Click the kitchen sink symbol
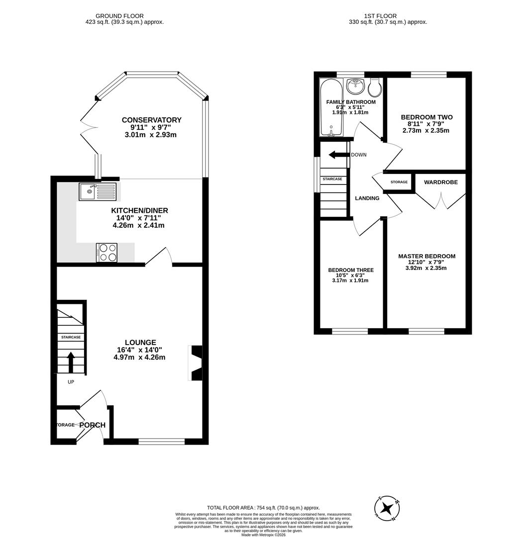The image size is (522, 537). tap(97, 191)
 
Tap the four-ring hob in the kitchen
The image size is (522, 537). tap(106, 252)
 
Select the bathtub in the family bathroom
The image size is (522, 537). tap(330, 107)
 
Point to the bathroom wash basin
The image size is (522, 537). tap(355, 86)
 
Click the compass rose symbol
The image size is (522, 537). tap(387, 508)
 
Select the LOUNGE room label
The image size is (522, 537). tap(140, 343)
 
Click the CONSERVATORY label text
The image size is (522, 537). tap(151, 120)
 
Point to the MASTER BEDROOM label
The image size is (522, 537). tap(426, 256)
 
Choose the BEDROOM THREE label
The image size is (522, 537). tap(350, 270)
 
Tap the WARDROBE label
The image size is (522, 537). tap(440, 182)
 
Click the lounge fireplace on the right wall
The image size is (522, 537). tap(196, 363)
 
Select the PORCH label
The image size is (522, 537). tap(93, 425)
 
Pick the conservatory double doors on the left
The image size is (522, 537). tap(88, 127)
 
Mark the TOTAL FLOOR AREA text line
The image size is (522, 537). tap(263, 508)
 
